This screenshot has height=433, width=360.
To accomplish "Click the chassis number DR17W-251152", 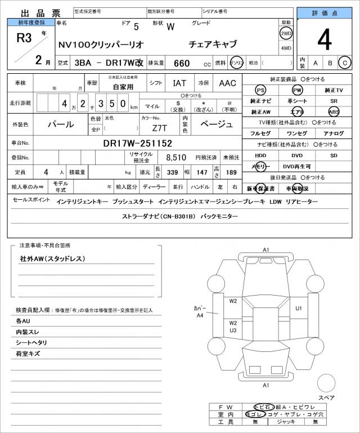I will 137,143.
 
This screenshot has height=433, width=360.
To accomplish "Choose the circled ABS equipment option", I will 334,111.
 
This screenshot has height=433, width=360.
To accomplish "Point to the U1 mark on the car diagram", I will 299,308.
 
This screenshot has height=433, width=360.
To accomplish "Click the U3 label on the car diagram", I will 233,331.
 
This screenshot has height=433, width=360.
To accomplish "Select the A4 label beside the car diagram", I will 199,316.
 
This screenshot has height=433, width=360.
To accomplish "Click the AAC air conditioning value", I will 227,83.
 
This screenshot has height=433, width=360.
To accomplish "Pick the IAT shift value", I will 179,83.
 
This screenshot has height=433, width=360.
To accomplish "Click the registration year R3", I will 24,38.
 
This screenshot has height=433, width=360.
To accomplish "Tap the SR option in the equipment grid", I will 334,101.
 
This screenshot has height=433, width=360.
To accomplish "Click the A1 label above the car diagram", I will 266,249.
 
